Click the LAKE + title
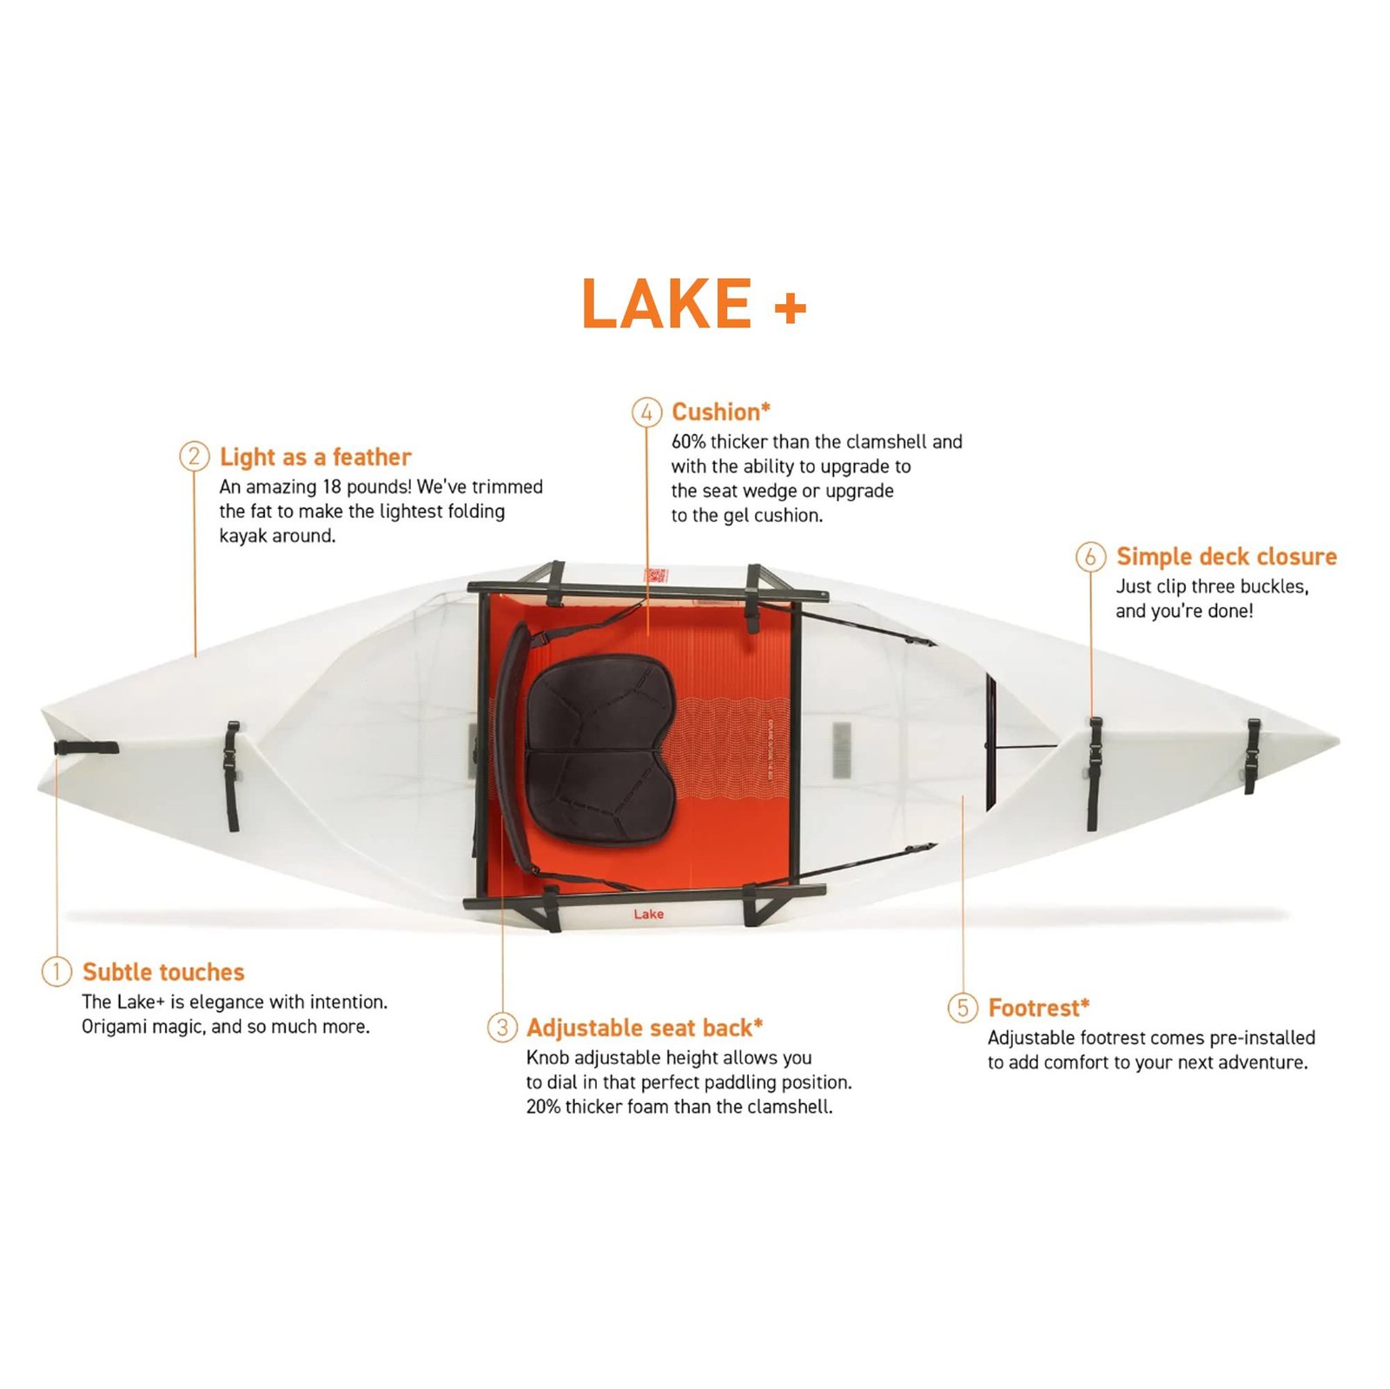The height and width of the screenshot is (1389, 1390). [693, 304]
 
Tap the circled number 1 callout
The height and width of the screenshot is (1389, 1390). [56, 971]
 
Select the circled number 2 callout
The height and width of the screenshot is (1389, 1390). [194, 456]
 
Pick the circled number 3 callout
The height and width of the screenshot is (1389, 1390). [502, 1027]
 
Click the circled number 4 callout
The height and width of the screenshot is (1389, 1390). [646, 412]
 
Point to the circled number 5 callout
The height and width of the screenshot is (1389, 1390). [963, 1008]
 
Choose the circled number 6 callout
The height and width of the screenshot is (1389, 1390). [1090, 556]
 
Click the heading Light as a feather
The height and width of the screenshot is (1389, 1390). [315, 457]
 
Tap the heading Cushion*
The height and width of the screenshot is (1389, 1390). [720, 412]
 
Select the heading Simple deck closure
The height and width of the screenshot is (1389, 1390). [1226, 556]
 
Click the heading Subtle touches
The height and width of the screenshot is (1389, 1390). [163, 972]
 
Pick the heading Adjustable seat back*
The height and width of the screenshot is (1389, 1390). [645, 1028]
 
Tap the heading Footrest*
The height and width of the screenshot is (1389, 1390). [1038, 1008]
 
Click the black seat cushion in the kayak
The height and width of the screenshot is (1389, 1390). [599, 747]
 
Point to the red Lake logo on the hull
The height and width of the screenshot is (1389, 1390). [648, 914]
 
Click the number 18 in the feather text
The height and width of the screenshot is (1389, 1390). [331, 486]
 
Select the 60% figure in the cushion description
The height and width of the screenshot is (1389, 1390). [688, 441]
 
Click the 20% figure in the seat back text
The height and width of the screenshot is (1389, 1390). [543, 1107]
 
